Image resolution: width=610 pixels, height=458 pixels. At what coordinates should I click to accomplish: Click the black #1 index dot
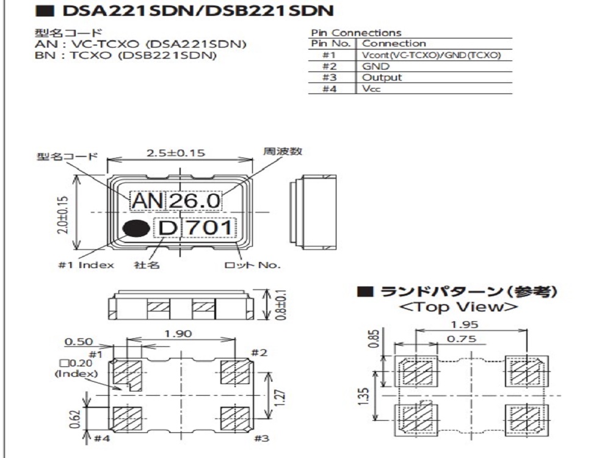click(x=136, y=228)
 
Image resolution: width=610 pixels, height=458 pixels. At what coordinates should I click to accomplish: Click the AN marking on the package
click(x=147, y=200)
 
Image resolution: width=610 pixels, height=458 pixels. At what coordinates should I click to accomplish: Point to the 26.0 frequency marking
click(x=194, y=200)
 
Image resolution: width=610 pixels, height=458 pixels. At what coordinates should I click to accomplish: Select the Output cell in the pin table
click(x=382, y=78)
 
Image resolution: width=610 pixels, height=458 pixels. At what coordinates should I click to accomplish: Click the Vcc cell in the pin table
click(x=371, y=89)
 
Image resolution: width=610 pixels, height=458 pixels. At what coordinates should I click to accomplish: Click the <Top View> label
click(x=458, y=307)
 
